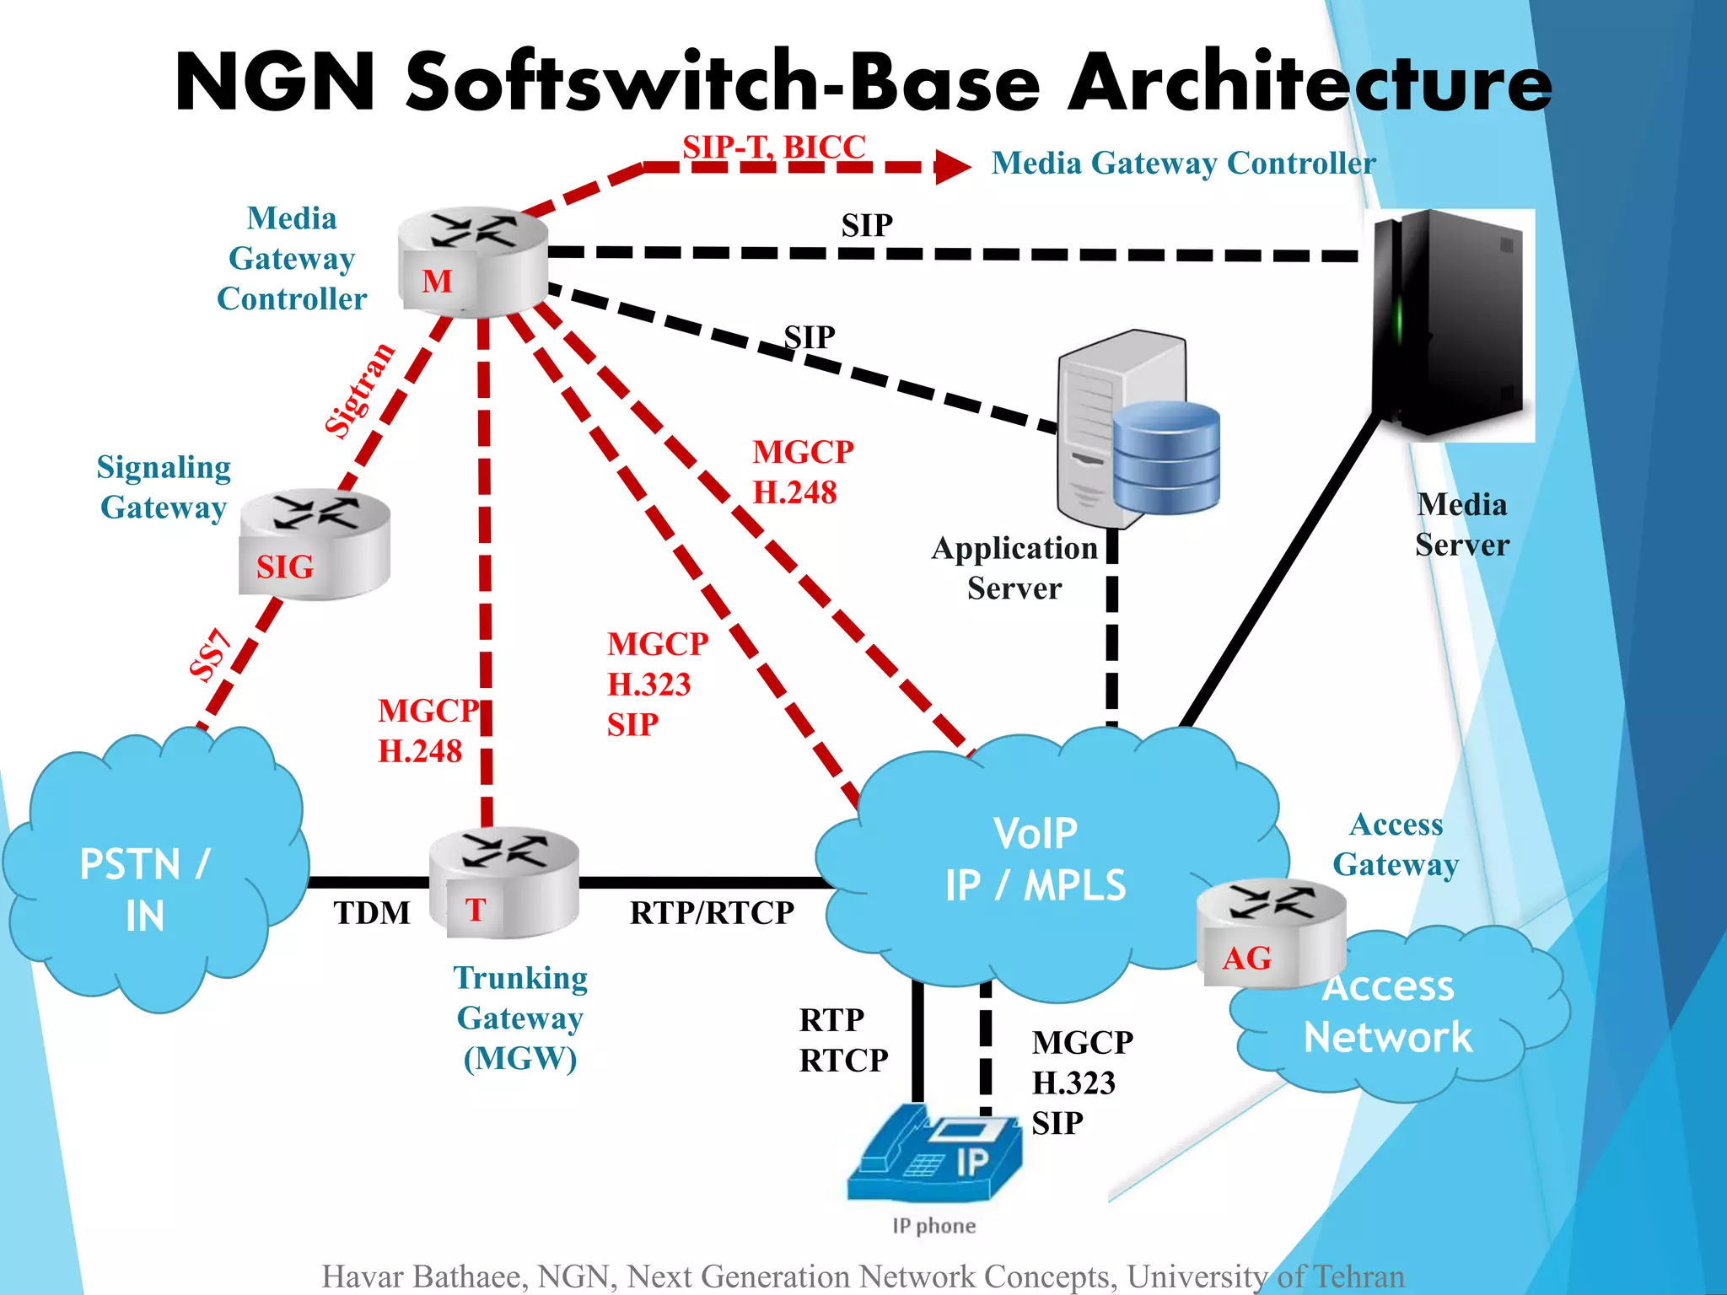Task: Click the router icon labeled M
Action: (x=472, y=261)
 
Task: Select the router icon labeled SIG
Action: (x=315, y=544)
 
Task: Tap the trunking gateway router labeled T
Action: (x=503, y=883)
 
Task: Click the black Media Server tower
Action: (x=1450, y=325)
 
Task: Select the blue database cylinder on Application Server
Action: (x=1166, y=457)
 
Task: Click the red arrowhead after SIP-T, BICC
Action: (x=953, y=167)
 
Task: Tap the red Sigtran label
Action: (x=360, y=390)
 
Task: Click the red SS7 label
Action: (x=210, y=654)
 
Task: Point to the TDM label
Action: (x=371, y=913)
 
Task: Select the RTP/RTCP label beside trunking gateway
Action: (x=712, y=913)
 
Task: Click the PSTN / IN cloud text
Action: (x=144, y=889)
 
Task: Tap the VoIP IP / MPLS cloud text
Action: (x=1035, y=860)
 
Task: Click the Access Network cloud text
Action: (x=1388, y=1012)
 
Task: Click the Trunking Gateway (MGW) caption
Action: (x=520, y=1018)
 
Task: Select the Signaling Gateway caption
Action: (x=164, y=487)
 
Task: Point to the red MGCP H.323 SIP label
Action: (x=656, y=684)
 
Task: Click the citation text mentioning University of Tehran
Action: (x=863, y=1276)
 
